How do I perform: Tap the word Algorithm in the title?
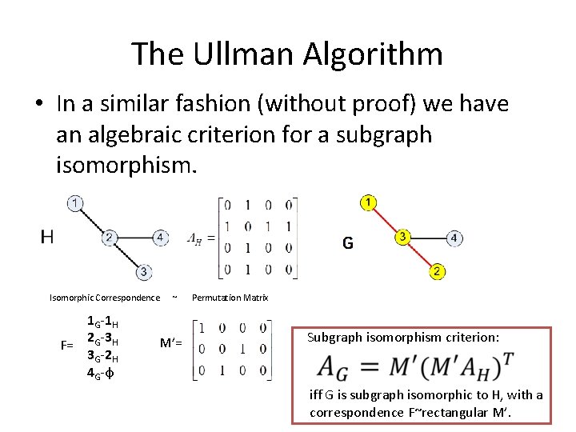tap(373, 54)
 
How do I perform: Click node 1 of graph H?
tap(74, 203)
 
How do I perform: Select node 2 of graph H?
tap(110, 238)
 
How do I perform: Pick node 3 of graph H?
tap(142, 273)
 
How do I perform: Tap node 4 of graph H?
tap(161, 238)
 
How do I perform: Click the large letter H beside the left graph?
tap(47, 236)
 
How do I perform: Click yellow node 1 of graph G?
tap(368, 202)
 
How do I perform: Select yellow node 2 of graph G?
tap(437, 272)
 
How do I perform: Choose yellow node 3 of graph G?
tap(402, 238)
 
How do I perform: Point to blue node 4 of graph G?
tap(454, 238)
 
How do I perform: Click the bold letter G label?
tap(347, 242)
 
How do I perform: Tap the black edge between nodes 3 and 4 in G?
tap(428, 238)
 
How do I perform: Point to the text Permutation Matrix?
tap(230, 298)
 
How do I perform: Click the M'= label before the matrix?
tap(170, 344)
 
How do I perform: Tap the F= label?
tap(67, 345)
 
